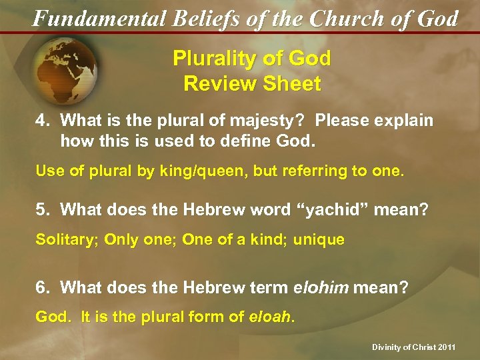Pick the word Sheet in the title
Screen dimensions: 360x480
[x=291, y=85]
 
